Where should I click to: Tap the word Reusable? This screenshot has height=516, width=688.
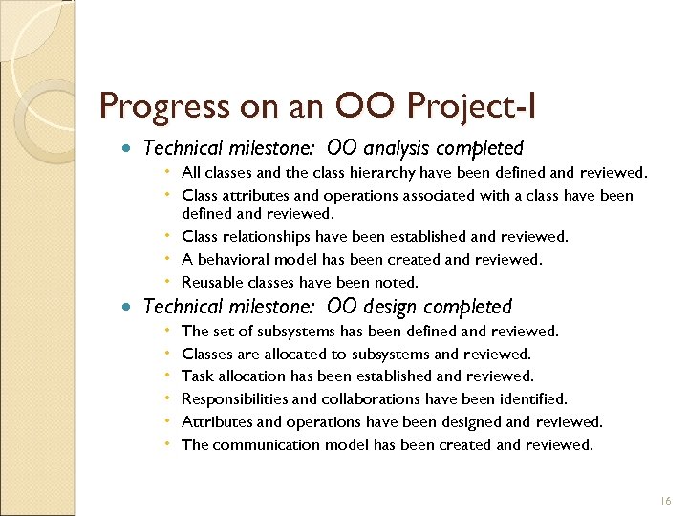click(211, 282)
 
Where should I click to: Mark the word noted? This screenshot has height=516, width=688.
click(398, 282)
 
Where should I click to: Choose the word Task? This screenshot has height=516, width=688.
click(197, 376)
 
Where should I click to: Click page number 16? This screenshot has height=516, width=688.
click(665, 501)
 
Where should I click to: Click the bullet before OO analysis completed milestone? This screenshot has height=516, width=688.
click(128, 149)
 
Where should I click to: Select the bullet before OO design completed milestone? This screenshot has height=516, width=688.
click(128, 308)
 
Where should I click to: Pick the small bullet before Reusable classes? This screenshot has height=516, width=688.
click(167, 282)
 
